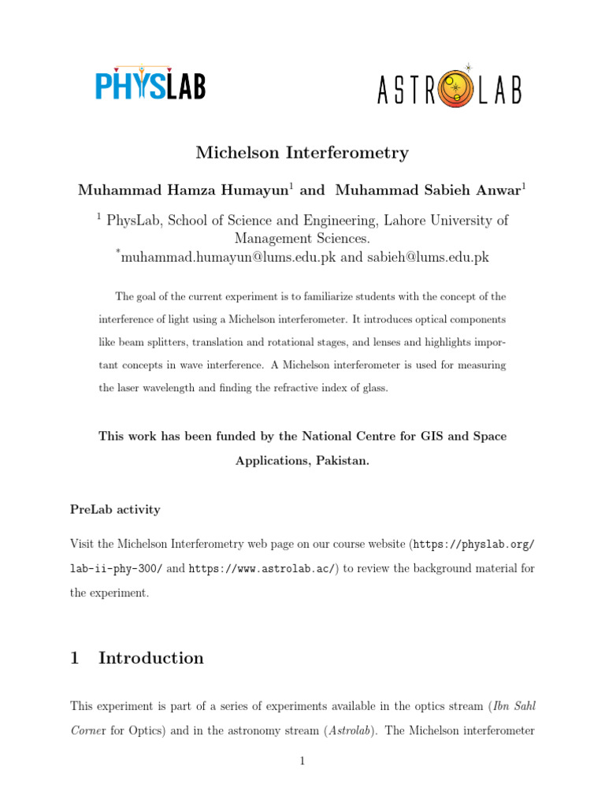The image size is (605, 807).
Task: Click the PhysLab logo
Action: (x=150, y=83)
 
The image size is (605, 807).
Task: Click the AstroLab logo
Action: (x=449, y=87)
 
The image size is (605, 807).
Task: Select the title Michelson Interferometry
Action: (x=302, y=152)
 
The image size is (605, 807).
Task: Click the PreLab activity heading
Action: (x=115, y=509)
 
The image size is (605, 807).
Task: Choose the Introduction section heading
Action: (x=151, y=658)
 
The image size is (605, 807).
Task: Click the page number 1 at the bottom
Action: (x=302, y=761)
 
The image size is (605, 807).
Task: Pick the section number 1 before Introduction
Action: (x=75, y=658)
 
